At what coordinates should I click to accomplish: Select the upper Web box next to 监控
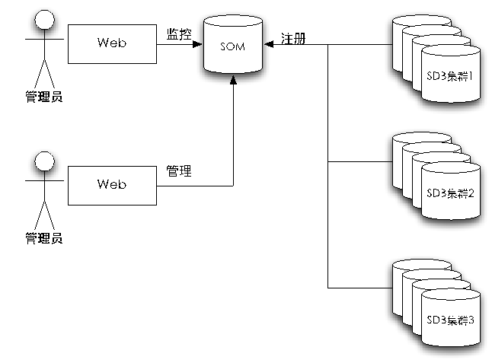[112, 43]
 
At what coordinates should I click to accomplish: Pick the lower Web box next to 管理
[112, 185]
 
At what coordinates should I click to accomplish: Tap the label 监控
[179, 34]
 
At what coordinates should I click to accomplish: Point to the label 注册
[293, 38]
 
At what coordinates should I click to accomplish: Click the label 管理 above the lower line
[179, 171]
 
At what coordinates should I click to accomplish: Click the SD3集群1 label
[451, 77]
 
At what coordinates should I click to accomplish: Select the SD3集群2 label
[451, 193]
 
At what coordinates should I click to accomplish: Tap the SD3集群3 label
[451, 320]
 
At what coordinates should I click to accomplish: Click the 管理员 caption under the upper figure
[43, 97]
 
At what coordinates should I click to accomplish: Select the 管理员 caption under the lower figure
[43, 239]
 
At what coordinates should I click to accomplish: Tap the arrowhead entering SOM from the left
[200, 44]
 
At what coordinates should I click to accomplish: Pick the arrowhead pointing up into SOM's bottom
[232, 88]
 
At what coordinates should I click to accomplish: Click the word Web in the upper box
[111, 43]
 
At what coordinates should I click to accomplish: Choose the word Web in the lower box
[111, 184]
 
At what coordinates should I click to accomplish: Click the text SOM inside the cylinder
[232, 48]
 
